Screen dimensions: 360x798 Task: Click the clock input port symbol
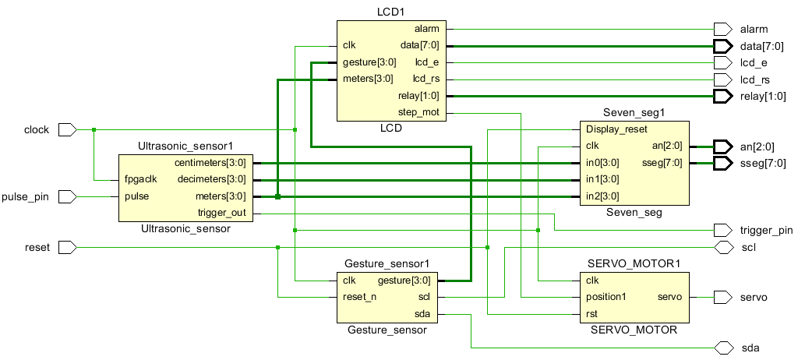[x=68, y=130]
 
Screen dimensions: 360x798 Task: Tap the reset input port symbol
[x=68, y=248]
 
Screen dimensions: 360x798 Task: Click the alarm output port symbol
[x=723, y=29]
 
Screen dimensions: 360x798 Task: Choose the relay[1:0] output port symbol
[x=723, y=97]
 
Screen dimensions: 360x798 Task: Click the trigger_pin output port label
[x=766, y=230]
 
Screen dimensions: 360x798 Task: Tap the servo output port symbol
[x=723, y=298]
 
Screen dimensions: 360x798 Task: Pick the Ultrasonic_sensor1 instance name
[x=185, y=146]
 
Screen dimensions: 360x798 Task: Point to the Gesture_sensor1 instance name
[x=387, y=263]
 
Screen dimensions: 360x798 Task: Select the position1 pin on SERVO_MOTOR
[x=606, y=298]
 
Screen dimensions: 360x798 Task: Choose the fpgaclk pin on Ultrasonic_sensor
[x=141, y=180]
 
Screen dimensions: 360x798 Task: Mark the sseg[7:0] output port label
[x=762, y=164]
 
